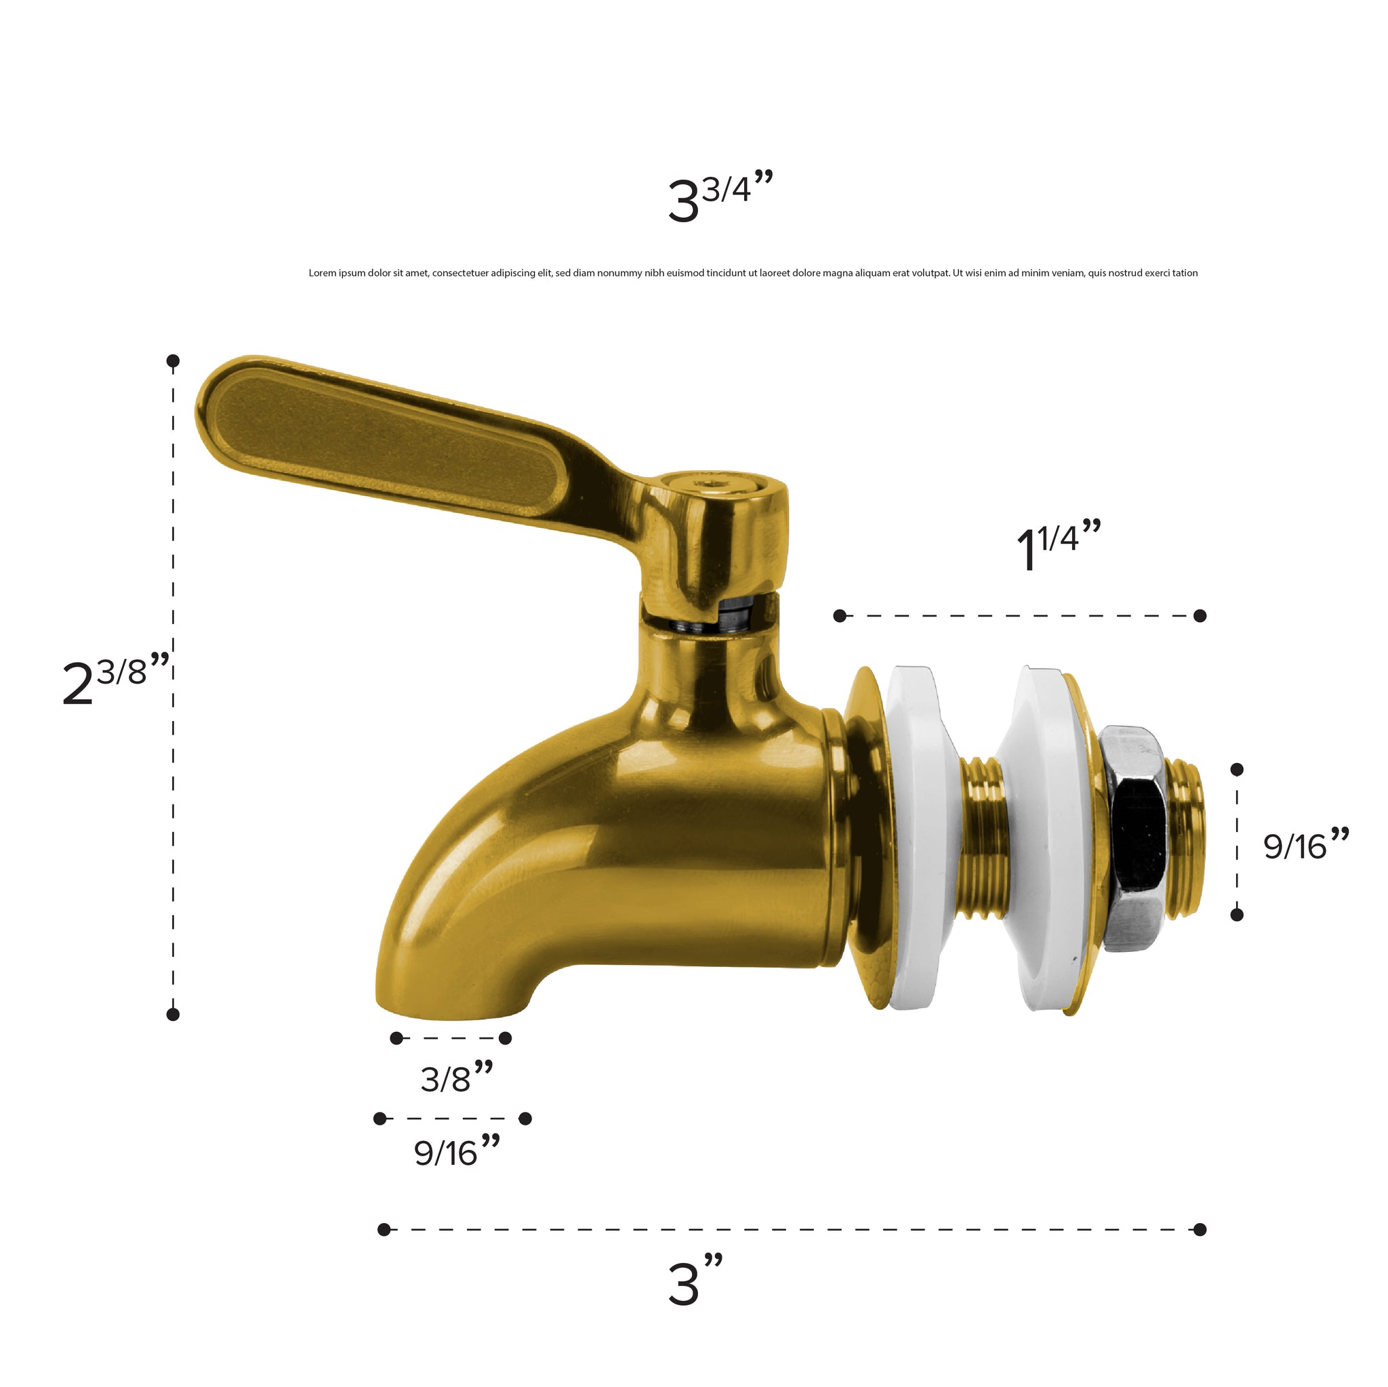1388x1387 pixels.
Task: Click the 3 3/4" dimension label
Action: tap(720, 196)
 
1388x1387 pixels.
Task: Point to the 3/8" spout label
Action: tap(457, 1077)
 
